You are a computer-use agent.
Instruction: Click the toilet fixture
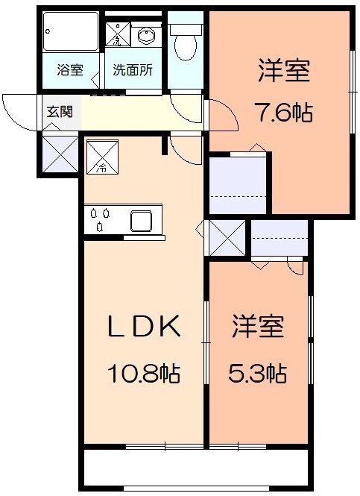point(186,42)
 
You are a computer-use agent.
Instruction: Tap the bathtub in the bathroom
point(71,31)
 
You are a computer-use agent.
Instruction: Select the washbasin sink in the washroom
point(146,36)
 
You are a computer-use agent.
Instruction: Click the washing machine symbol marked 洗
point(117,34)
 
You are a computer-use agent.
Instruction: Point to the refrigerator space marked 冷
point(102,157)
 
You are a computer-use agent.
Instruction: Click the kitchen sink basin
point(142,221)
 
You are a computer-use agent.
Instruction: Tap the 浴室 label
point(70,69)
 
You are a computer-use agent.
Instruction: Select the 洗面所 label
point(133,69)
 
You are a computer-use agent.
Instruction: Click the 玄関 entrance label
point(60,111)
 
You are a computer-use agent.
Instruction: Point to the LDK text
point(144,326)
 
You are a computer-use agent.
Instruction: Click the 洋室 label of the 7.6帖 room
point(284,71)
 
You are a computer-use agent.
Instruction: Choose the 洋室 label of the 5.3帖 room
point(258,326)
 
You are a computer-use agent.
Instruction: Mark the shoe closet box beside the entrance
point(60,154)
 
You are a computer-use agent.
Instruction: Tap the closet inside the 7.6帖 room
point(238,185)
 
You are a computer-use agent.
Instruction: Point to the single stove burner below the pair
point(100,227)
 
